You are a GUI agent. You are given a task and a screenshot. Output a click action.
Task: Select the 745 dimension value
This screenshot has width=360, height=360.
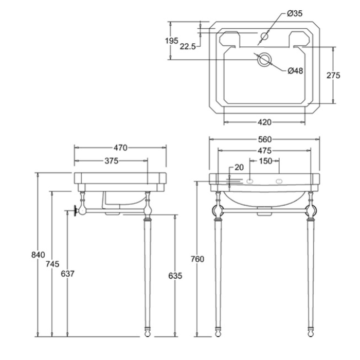(52, 264)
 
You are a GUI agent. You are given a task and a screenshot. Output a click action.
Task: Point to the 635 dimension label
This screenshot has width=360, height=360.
(175, 276)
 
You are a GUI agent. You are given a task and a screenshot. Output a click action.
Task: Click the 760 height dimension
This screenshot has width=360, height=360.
(197, 259)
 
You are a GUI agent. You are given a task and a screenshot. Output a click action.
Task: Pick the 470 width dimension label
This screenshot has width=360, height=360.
(120, 148)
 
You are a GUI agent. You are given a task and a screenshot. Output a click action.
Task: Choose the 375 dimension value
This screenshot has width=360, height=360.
(111, 161)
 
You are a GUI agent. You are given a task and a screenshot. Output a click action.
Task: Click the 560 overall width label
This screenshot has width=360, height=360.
(264, 139)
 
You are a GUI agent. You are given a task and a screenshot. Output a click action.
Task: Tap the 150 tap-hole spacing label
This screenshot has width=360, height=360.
(265, 161)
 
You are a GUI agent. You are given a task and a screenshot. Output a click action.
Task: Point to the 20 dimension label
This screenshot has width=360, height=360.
(239, 167)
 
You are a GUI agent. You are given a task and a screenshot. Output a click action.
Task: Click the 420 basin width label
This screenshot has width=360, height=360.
(264, 122)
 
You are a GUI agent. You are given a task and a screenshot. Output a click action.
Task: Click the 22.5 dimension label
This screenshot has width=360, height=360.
(188, 46)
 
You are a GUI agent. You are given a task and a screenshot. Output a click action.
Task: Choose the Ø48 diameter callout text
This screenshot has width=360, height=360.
(295, 70)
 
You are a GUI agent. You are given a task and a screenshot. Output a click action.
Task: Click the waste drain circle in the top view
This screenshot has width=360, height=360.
(264, 59)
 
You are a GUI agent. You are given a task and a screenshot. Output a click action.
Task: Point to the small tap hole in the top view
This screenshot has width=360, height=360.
(265, 36)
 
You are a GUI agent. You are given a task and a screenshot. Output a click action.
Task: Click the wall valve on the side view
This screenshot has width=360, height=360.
(79, 211)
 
